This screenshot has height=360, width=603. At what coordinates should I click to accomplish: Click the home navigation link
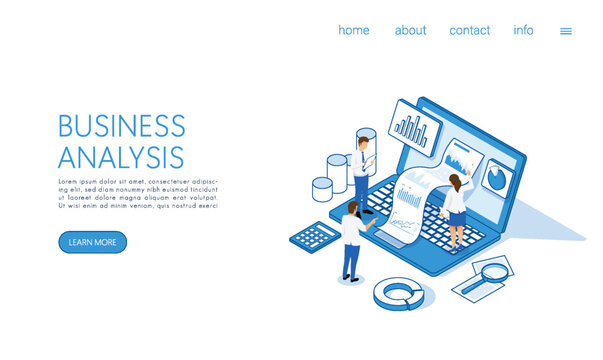[353, 30]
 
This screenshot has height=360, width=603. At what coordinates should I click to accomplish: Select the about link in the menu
[410, 30]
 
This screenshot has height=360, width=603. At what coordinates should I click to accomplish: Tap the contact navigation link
[469, 30]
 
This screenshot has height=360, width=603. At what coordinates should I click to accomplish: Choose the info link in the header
[523, 30]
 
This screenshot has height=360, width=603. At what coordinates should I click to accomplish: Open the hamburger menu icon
[566, 31]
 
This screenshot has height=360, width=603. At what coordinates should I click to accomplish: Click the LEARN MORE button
[92, 242]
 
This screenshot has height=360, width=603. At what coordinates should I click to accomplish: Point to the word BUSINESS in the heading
[121, 126]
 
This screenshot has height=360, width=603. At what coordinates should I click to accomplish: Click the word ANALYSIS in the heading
[120, 157]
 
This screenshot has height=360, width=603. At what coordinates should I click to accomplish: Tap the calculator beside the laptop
[314, 235]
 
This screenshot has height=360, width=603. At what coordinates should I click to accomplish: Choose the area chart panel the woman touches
[461, 159]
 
